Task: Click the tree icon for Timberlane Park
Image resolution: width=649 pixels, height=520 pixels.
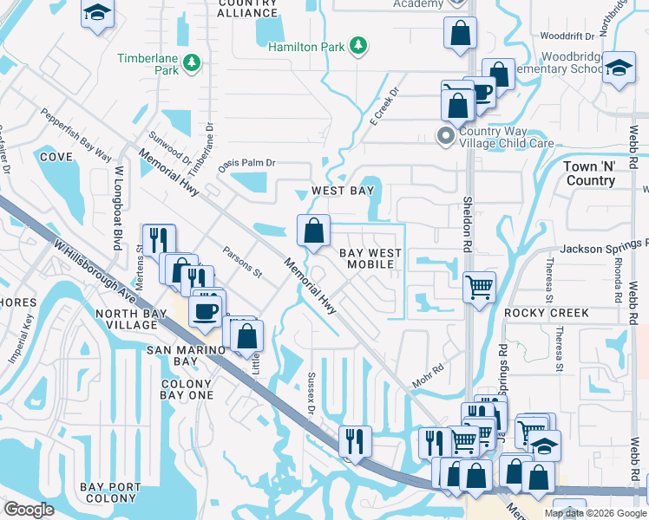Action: pos(191,62)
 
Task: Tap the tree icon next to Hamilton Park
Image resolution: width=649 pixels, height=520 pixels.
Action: pos(357,46)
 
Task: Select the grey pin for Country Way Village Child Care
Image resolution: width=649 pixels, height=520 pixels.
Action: pos(446,136)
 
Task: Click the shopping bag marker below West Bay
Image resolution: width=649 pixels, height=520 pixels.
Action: pos(314,231)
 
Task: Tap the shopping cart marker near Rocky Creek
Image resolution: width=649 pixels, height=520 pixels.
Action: pos(480,286)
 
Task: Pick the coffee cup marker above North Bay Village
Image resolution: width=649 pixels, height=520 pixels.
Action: pos(205,311)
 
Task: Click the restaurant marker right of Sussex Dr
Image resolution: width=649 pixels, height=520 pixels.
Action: pos(356,439)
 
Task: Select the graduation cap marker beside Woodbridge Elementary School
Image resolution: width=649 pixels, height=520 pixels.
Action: pos(619,69)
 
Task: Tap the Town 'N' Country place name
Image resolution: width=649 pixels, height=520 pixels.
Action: pos(589,173)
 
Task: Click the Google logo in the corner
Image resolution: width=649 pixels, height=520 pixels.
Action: pos(29,509)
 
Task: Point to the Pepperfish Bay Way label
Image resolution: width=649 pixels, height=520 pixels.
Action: pos(76,135)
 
